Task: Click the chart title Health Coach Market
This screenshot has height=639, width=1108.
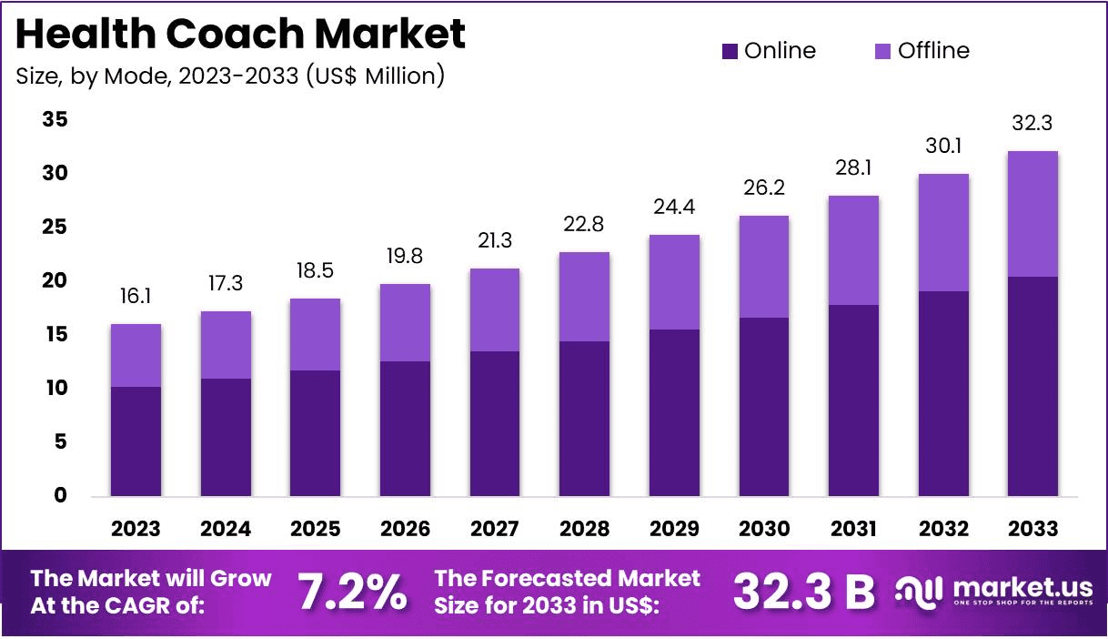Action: click(240, 35)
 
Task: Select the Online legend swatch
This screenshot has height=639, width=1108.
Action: click(730, 51)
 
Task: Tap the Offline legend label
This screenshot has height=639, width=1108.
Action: click(933, 51)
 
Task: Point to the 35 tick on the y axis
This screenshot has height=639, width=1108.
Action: click(55, 120)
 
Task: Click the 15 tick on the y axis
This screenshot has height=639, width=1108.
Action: click(55, 335)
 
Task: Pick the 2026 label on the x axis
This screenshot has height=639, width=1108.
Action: click(405, 529)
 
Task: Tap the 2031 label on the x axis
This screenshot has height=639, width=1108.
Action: click(853, 529)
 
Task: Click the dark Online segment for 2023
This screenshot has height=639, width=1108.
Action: click(136, 441)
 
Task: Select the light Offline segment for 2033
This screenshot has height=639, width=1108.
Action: click(1032, 214)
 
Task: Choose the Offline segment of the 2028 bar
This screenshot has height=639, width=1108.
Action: click(584, 297)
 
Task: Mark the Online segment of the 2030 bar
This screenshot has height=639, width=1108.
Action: click(763, 407)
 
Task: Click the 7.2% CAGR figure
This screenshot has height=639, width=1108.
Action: click(352, 593)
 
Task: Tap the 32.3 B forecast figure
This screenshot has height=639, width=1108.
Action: click(803, 593)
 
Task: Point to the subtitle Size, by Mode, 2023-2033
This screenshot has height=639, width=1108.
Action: click(230, 76)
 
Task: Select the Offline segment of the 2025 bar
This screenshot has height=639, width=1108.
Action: click(316, 334)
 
